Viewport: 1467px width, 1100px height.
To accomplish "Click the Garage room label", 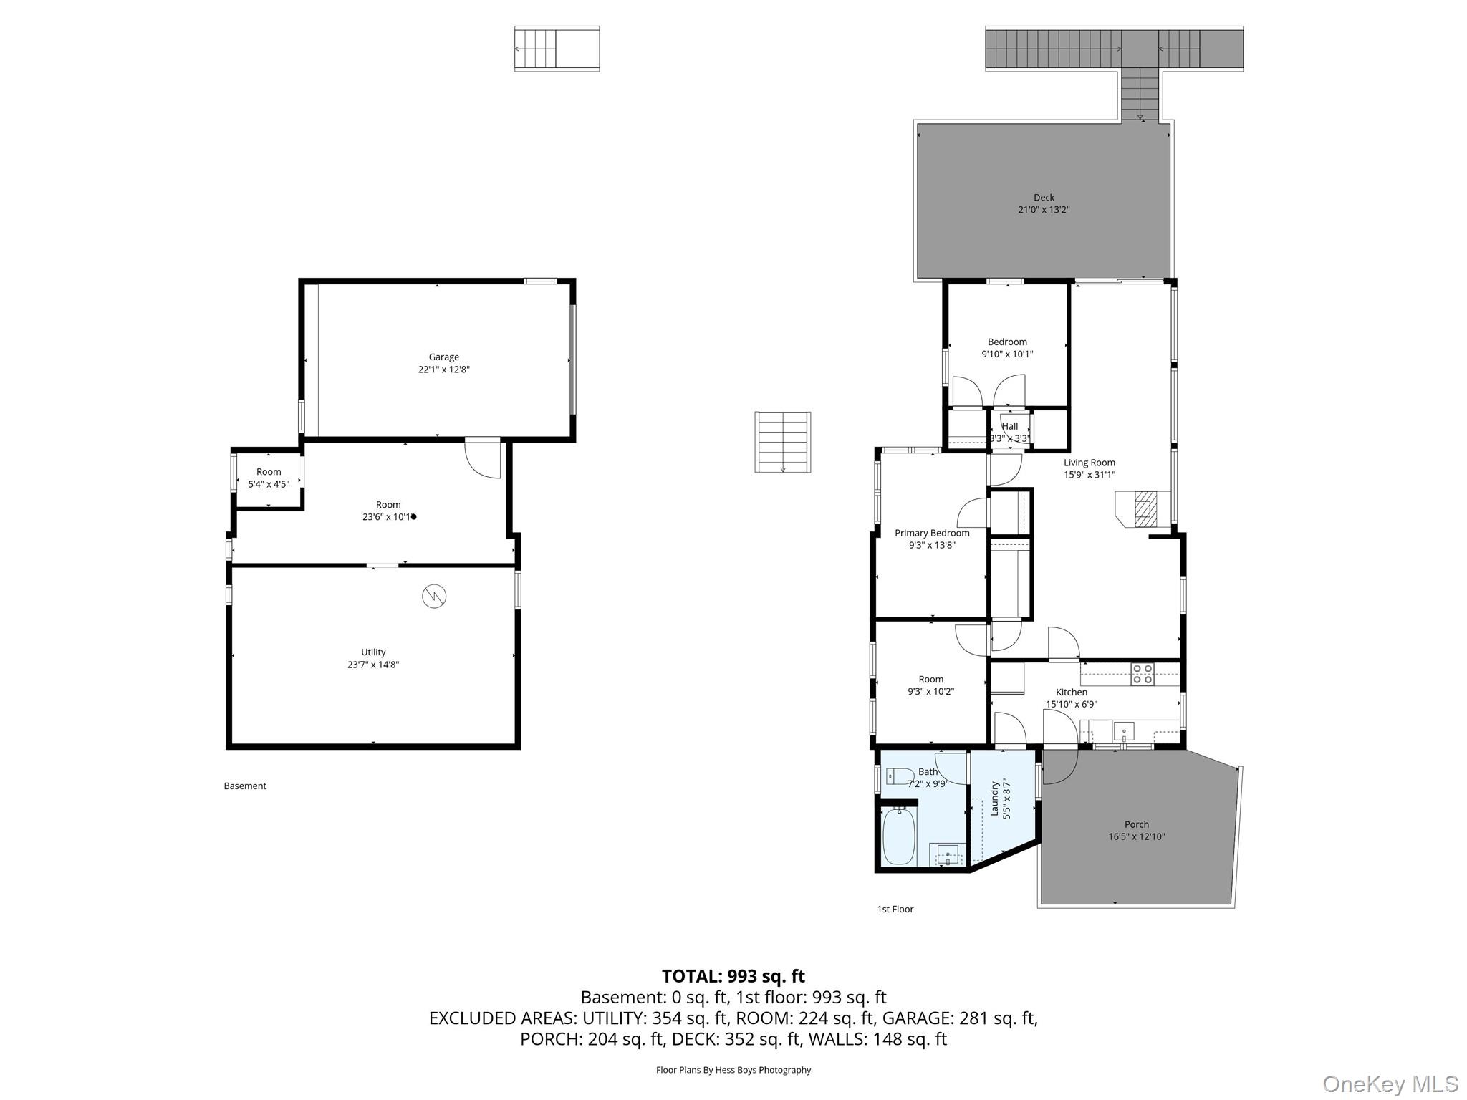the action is click(443, 357).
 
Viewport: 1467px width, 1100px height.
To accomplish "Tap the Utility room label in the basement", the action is click(373, 652).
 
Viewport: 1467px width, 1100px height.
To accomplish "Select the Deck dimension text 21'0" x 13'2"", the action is click(1044, 210).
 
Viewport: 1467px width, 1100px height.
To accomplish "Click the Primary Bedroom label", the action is click(932, 533).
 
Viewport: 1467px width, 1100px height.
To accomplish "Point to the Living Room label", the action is click(1089, 463).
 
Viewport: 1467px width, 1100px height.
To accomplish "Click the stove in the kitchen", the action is click(1142, 675).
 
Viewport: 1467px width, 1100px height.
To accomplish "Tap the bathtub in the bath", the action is click(898, 836).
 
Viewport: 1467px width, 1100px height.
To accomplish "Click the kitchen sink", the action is click(1123, 732).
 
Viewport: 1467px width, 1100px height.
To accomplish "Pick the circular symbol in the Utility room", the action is click(434, 596).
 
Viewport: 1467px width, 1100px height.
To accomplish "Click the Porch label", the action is click(1136, 824).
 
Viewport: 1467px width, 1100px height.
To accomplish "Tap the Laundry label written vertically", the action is click(994, 799).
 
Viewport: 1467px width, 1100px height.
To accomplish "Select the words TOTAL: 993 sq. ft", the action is click(733, 976).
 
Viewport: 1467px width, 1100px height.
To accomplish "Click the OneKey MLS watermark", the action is click(1390, 1084).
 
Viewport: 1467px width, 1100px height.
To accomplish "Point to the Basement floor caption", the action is click(245, 786).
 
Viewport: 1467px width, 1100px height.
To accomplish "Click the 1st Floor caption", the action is click(895, 909).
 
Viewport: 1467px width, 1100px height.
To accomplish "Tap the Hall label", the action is click(1010, 426).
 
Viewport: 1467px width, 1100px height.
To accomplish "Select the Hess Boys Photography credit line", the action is click(733, 1070).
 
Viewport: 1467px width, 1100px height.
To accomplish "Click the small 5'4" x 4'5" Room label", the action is click(269, 471).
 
